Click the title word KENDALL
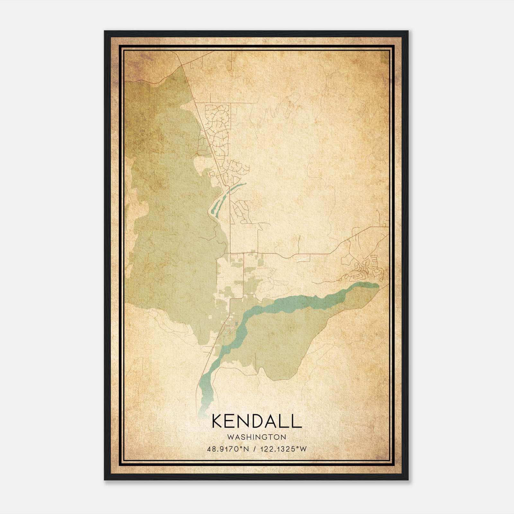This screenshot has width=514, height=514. pyautogui.click(x=257, y=421)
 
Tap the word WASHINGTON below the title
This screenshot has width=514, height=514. pyautogui.click(x=256, y=437)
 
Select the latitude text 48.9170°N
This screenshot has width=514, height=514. pyautogui.click(x=228, y=449)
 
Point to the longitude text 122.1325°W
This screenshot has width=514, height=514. pyautogui.click(x=283, y=449)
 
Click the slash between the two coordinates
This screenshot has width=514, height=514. pyautogui.click(x=255, y=449)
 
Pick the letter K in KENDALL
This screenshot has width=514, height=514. pyautogui.click(x=217, y=421)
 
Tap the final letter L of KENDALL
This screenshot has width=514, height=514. pyautogui.click(x=297, y=421)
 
